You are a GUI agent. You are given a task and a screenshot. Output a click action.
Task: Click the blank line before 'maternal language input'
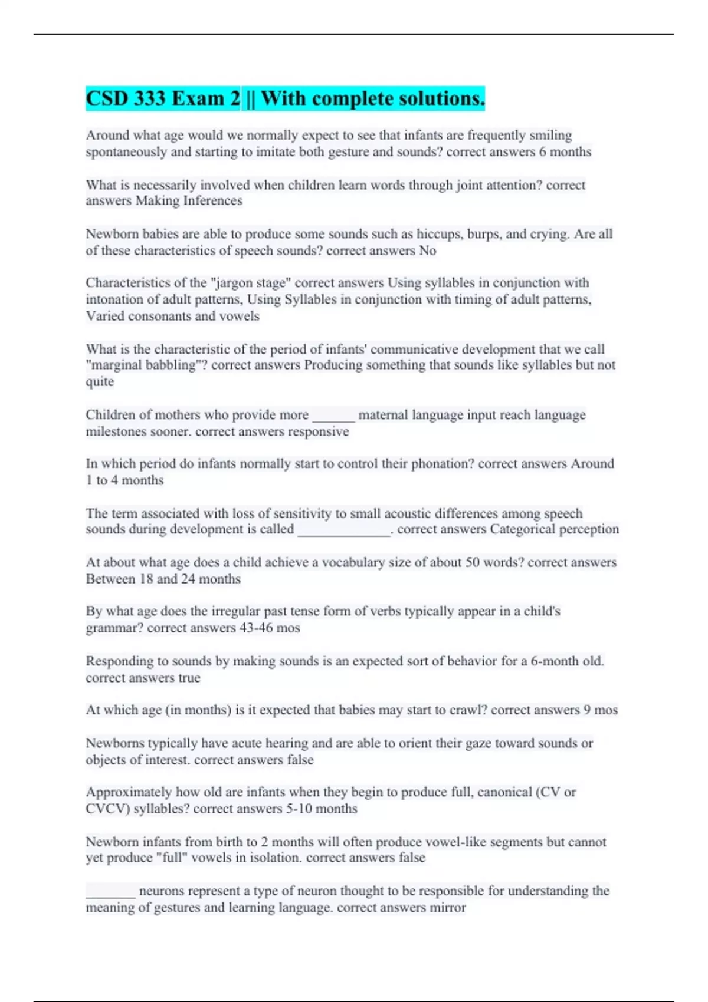coord(333,416)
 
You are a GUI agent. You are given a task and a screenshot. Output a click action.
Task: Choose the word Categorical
coord(522,529)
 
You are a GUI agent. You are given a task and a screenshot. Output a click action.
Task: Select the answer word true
coord(189,678)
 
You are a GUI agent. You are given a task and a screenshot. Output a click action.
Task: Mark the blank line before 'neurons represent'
coord(111,892)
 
